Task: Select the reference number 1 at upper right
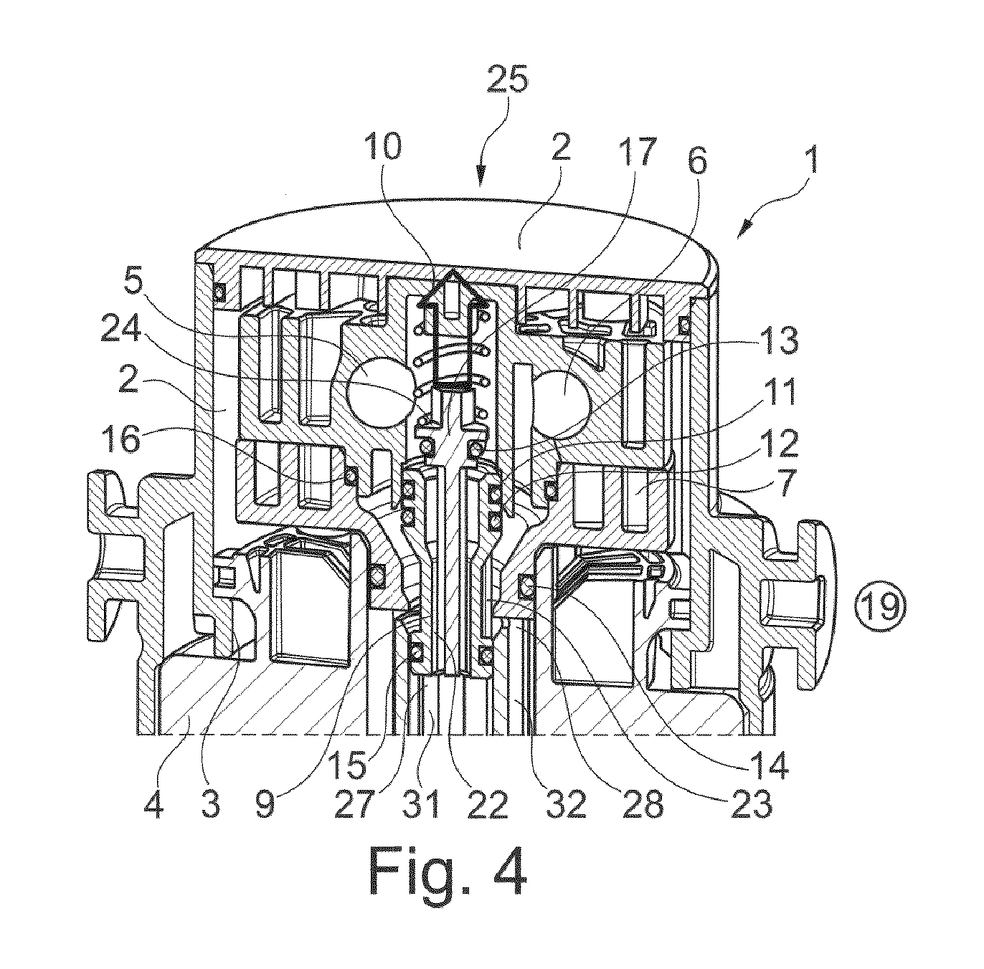[x=811, y=159]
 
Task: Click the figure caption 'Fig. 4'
[x=448, y=874]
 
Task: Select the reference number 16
[x=121, y=439]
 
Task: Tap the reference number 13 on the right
[x=777, y=340]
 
